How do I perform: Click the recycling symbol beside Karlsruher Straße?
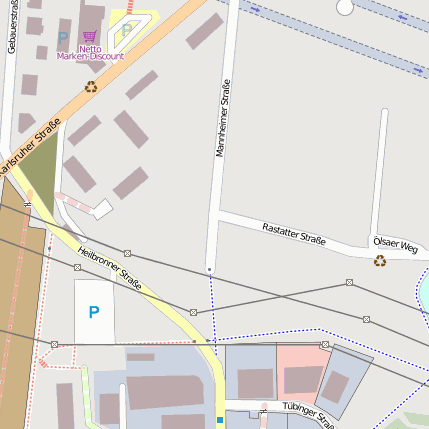click(91, 88)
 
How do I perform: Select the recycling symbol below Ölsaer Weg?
click(380, 261)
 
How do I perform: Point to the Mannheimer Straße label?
click(223, 119)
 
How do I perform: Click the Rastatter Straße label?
click(294, 234)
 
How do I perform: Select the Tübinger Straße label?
click(305, 413)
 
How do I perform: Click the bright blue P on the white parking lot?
click(94, 312)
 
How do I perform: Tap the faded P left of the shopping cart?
click(63, 38)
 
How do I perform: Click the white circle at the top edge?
click(345, 7)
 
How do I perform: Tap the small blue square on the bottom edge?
click(220, 420)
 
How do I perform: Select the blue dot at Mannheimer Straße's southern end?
click(209, 270)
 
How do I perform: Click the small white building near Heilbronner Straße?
click(102, 209)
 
